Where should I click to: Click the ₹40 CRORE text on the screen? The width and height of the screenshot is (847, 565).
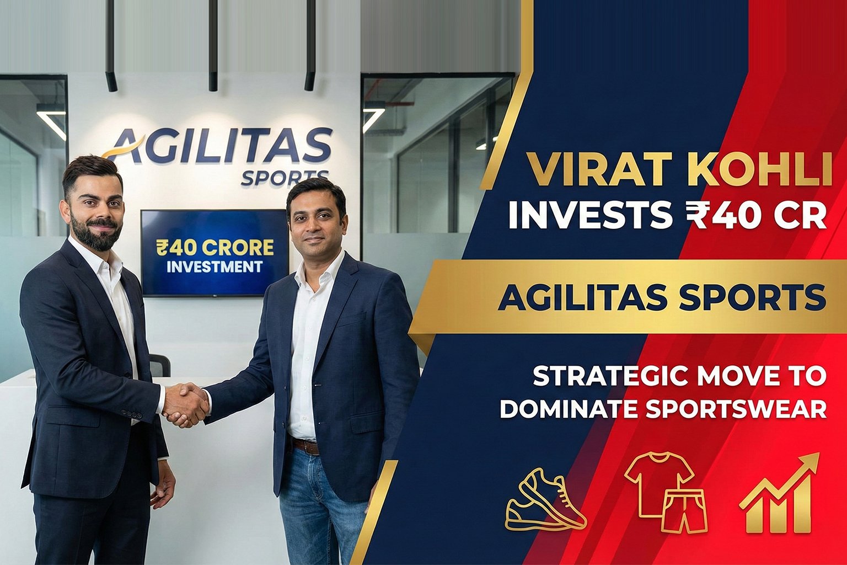point(215,247)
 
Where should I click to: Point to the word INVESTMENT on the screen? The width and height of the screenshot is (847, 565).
point(215,267)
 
